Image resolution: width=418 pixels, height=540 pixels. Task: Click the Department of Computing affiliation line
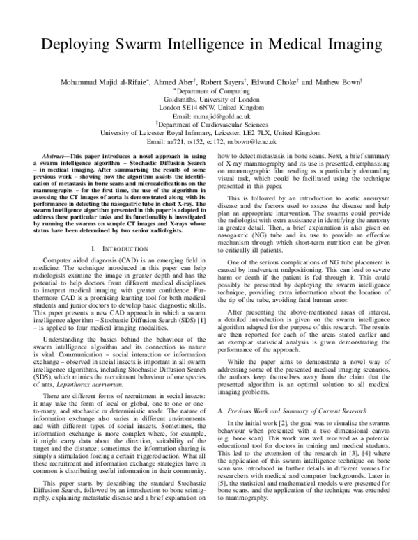click(210, 91)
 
